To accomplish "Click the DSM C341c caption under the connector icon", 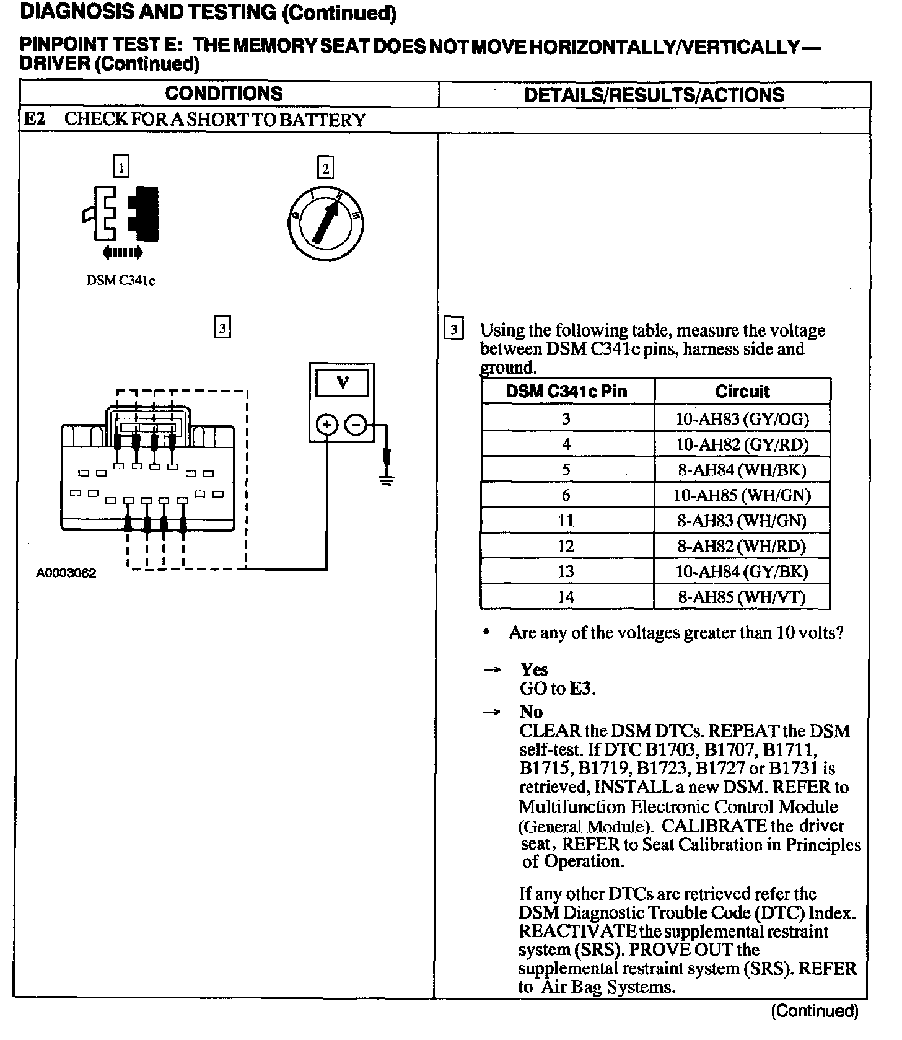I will click(120, 281).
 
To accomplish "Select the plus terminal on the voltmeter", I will click(327, 425).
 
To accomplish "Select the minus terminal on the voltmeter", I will click(356, 425).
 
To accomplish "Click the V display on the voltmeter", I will click(342, 382).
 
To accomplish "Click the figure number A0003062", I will click(66, 573).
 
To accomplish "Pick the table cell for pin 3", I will click(566, 419).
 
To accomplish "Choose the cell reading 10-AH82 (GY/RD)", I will click(742, 444).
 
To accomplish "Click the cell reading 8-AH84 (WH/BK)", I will click(742, 470).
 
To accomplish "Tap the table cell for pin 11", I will click(566, 521).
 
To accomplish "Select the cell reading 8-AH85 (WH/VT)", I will click(742, 597).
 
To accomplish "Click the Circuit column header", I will click(742, 392).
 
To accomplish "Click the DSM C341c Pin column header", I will click(566, 392).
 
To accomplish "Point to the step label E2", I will click(34, 119).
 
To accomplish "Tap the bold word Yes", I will click(534, 669).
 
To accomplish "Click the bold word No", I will click(531, 712).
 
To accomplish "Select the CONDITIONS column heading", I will click(224, 94).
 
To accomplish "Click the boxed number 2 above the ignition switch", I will click(325, 168).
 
